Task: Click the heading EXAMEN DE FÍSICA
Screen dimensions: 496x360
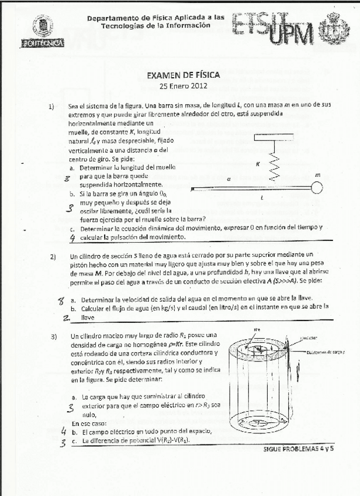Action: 183,75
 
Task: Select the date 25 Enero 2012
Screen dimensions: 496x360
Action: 183,85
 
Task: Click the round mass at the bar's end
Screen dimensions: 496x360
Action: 316,188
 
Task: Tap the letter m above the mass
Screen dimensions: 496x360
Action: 317,174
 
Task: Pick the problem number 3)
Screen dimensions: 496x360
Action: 53,336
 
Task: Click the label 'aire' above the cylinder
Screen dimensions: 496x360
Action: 256,330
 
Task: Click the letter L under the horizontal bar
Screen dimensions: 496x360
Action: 261,198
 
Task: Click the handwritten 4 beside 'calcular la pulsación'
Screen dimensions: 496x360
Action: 72,238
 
